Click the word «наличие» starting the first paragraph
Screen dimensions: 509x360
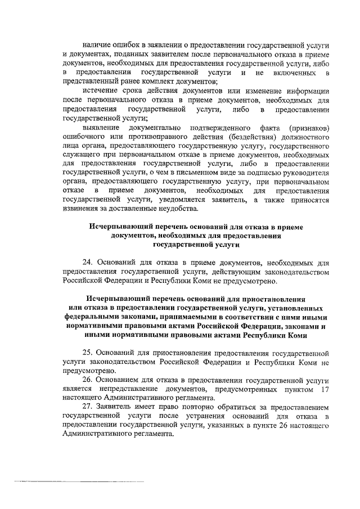tap(96, 44)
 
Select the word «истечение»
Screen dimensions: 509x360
tap(101, 91)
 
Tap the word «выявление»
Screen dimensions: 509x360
tap(101, 128)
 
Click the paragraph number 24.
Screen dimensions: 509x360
tap(87, 262)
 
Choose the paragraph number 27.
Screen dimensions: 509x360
tap(87, 407)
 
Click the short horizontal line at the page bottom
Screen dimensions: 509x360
tap(78, 482)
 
